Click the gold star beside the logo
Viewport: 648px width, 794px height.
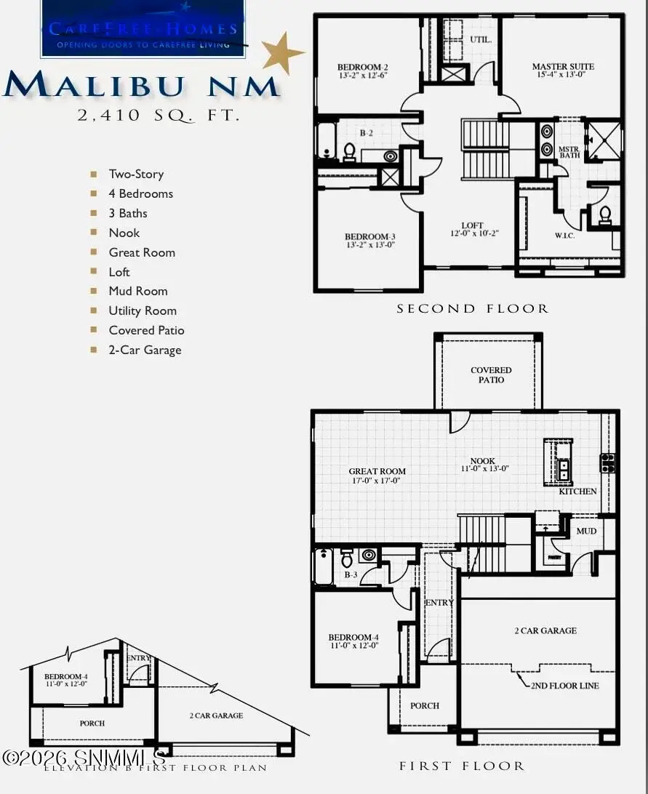point(281,52)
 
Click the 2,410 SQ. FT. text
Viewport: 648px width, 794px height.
point(159,114)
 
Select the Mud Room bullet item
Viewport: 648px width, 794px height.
point(138,291)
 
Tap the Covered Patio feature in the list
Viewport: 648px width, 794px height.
point(146,330)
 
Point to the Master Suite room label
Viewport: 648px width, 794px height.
point(563,71)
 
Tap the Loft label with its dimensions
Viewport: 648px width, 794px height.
point(473,230)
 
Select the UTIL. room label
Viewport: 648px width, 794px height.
point(481,40)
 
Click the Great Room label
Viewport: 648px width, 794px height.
point(377,476)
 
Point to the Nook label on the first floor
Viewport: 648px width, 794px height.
point(483,465)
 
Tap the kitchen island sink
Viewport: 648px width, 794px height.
point(562,469)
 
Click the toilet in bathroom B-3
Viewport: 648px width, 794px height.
point(347,558)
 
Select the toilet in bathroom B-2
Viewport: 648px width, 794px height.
point(348,152)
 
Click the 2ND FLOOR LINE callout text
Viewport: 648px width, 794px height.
point(564,686)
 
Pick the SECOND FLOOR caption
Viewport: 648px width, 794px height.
point(472,309)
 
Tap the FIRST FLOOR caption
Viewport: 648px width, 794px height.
point(461,766)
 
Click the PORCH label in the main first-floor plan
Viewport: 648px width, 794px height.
point(425,705)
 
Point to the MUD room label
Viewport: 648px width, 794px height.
point(586,531)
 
